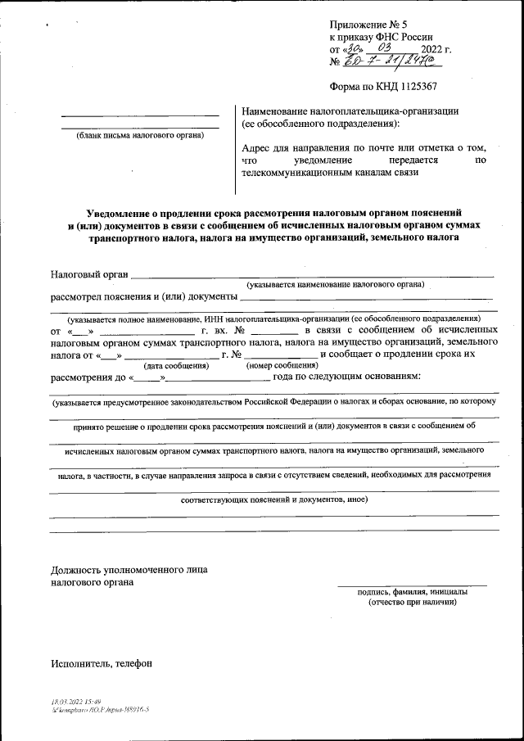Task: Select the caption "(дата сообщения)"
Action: (x=176, y=366)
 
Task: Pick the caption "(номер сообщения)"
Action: (x=282, y=366)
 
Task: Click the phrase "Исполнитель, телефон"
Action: (x=101, y=663)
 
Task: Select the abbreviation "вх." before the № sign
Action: (x=224, y=331)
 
